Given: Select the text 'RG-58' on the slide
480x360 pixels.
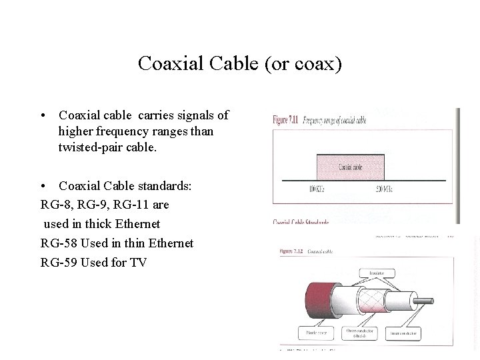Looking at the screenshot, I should click(x=58, y=243).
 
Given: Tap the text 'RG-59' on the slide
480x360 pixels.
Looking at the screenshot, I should click(x=58, y=262).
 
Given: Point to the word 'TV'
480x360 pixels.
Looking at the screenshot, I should click(x=138, y=262).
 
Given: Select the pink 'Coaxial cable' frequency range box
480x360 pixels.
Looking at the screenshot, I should click(x=351, y=167).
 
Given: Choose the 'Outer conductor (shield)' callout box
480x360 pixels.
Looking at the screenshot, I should click(x=360, y=332).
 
